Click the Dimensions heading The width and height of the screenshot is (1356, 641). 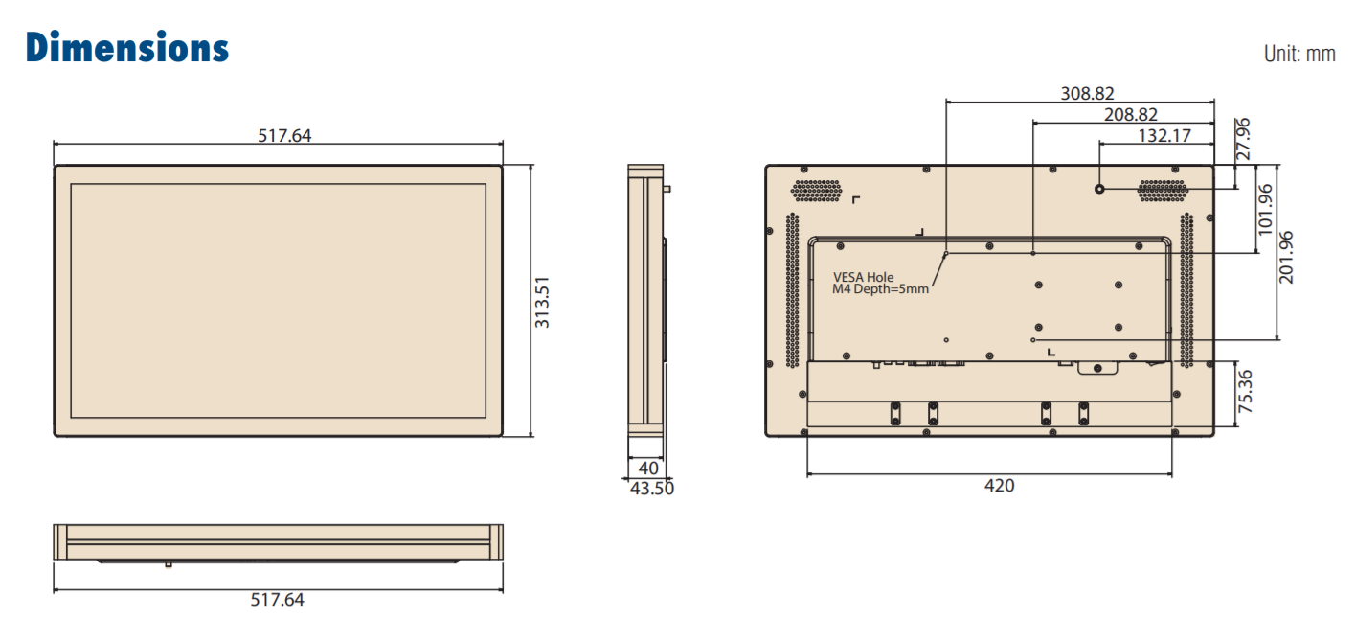tap(127, 47)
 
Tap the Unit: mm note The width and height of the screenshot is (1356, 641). tap(1299, 54)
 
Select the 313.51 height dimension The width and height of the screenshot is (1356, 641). tap(542, 302)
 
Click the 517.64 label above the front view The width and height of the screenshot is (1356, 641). tap(284, 135)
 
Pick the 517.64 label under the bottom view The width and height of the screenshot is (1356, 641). tap(278, 599)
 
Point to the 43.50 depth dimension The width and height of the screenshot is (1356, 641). tap(652, 489)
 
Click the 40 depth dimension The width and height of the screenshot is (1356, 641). tap(648, 469)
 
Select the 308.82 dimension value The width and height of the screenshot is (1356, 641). tap(1087, 93)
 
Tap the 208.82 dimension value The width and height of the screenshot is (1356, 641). tap(1131, 115)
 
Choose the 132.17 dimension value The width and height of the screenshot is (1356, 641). tap(1164, 136)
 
